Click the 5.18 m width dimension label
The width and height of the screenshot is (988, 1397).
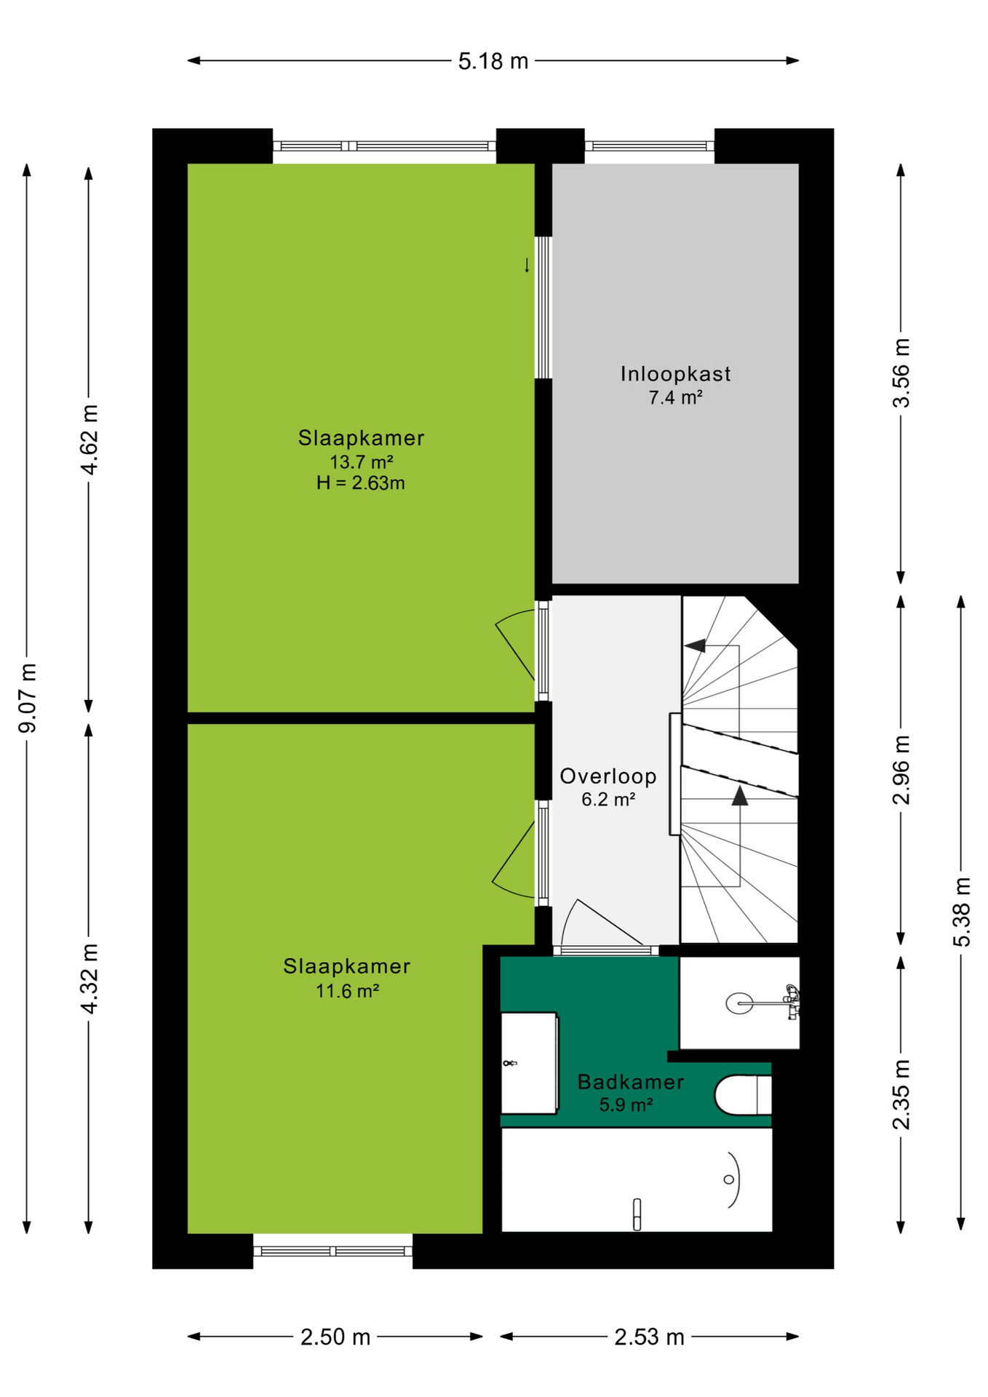(x=493, y=61)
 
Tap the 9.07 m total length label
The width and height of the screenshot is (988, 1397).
(x=28, y=698)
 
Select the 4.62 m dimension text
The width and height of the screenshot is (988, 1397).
(x=89, y=439)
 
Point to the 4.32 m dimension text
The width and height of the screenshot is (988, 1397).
(x=89, y=978)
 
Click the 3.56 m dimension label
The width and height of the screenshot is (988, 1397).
(x=901, y=373)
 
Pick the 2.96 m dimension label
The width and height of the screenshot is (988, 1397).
(x=901, y=770)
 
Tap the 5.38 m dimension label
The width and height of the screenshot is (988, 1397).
(x=962, y=912)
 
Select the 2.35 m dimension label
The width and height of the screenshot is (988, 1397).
(x=901, y=1094)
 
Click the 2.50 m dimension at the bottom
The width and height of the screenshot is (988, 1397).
(x=335, y=1337)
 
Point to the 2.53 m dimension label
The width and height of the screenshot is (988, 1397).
(x=649, y=1337)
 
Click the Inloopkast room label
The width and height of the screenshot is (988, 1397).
(x=675, y=374)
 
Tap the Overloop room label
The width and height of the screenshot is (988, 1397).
(x=608, y=776)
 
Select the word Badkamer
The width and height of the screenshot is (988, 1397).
(x=631, y=1082)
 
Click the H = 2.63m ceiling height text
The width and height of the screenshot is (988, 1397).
(x=361, y=483)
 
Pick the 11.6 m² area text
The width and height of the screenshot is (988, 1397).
(x=347, y=991)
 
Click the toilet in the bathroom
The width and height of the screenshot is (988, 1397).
(x=743, y=1095)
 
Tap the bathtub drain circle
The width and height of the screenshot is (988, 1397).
(x=728, y=1179)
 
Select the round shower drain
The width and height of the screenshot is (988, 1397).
(x=740, y=1003)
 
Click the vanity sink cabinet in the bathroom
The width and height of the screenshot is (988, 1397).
(x=530, y=1063)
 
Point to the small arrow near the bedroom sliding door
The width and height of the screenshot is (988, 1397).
(x=527, y=265)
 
